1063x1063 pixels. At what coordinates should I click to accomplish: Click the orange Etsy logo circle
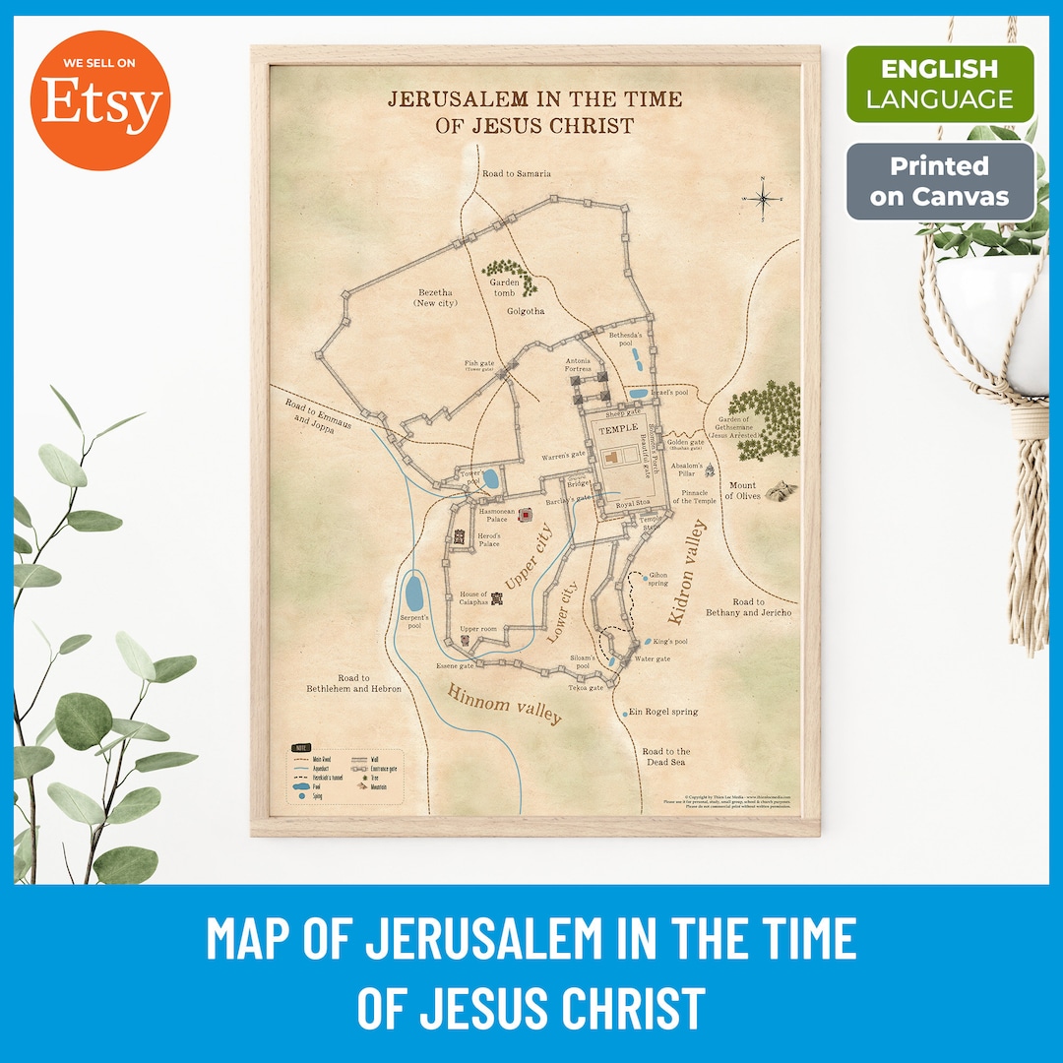coord(99,100)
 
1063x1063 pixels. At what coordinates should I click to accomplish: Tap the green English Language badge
coord(940,84)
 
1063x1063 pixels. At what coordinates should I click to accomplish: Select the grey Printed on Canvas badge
coord(940,181)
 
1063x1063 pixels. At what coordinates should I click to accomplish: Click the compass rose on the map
coord(761,199)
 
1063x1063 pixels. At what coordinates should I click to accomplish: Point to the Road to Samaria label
coord(517,173)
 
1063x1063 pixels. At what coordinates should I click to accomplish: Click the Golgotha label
coord(526,311)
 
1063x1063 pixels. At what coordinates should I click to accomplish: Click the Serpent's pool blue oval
coord(413,594)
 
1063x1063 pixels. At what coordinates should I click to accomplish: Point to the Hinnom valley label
coord(504,703)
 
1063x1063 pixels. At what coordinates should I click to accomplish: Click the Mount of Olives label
coord(742,490)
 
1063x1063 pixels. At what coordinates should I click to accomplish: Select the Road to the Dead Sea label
coord(666,756)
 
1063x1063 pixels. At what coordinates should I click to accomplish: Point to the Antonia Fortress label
coord(578,365)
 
